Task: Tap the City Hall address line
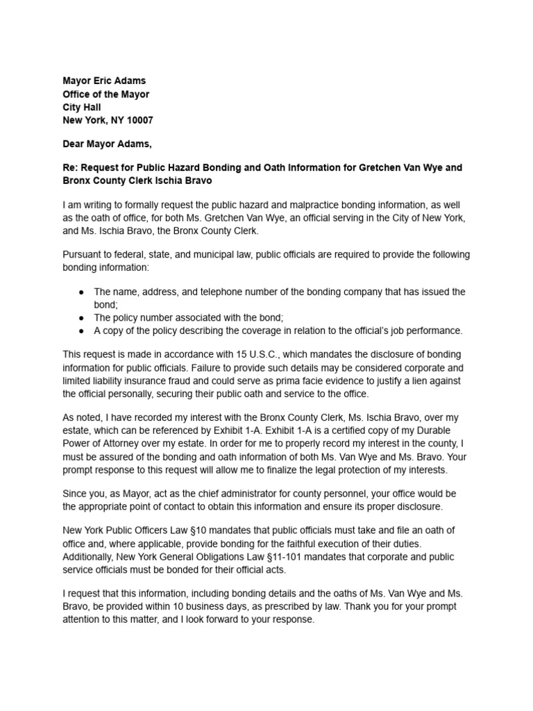82,107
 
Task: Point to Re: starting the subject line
71,167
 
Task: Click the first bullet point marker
82,292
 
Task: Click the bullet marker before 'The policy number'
82,317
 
